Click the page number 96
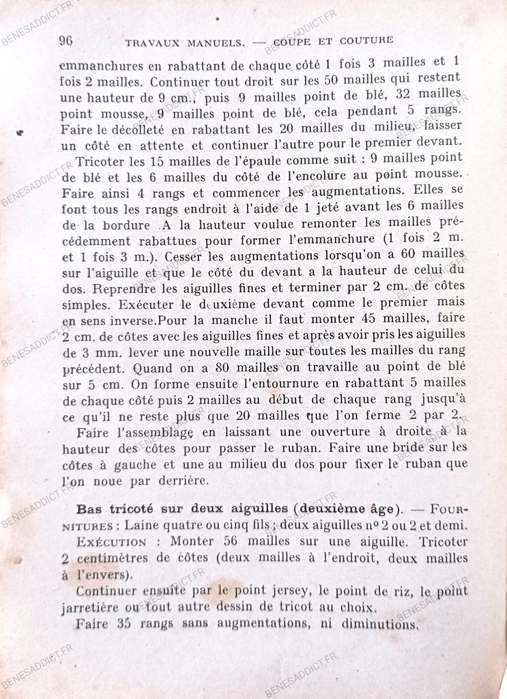tap(66, 40)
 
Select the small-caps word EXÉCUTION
tap(111, 542)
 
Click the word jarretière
tap(93, 607)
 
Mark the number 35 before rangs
tap(123, 623)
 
